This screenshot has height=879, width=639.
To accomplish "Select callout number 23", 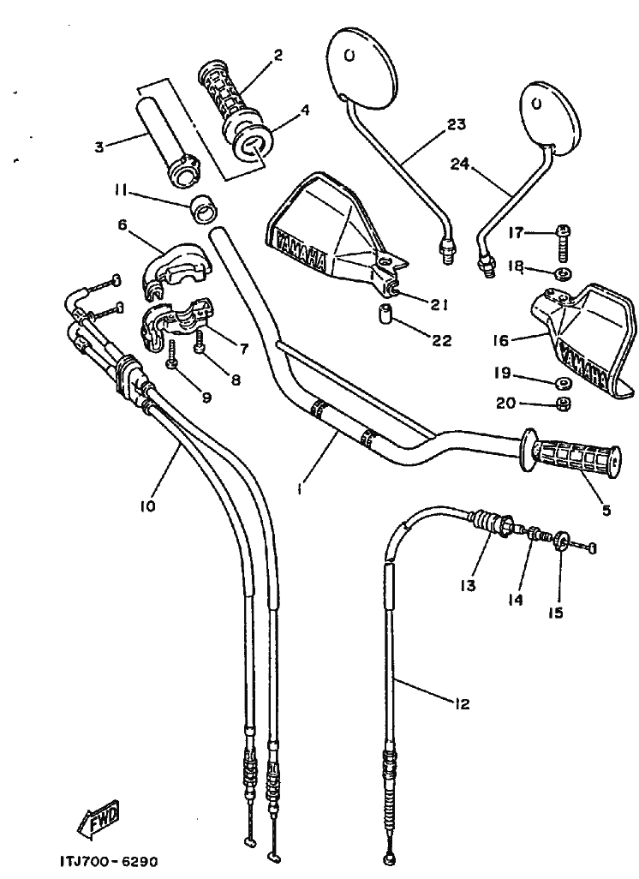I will [x=456, y=125].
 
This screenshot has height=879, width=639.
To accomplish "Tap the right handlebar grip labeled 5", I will [x=574, y=457].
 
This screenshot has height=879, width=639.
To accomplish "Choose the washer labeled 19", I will [x=564, y=382].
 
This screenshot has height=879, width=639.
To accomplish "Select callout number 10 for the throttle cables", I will [x=147, y=505].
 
